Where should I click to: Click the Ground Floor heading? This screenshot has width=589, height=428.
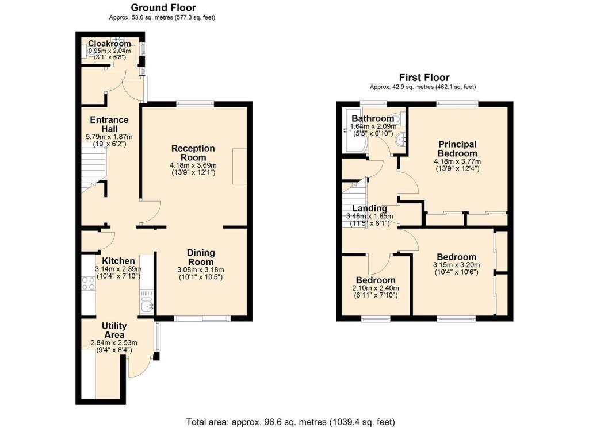tap(163, 7)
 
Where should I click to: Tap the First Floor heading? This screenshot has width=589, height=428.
tap(424, 78)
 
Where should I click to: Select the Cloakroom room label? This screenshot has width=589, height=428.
tap(109, 44)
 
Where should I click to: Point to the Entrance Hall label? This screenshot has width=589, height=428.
tap(109, 125)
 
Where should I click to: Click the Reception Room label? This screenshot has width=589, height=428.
tap(193, 153)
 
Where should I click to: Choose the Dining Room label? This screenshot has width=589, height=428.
tap(201, 257)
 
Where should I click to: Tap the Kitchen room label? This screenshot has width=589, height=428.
tap(118, 261)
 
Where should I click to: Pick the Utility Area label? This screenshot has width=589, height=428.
tap(114, 330)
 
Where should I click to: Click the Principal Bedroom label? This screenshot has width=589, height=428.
tap(457, 149)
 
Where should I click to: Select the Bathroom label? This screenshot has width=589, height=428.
tap(373, 118)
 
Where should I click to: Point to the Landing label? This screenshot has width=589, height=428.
tap(370, 209)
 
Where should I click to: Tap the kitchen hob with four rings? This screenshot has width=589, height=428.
tap(88, 283)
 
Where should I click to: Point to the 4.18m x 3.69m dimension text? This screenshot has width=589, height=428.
tap(193, 165)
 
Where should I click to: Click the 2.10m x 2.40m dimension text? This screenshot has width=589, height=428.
tap(376, 288)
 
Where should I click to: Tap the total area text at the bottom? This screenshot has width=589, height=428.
tap(290, 422)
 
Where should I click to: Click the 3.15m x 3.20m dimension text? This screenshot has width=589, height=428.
tap(456, 265)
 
